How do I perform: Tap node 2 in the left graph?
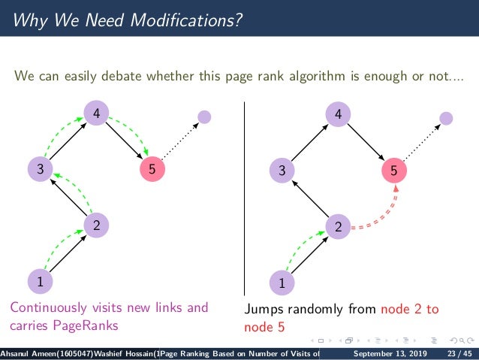pos(96,225)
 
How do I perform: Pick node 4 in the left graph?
pos(96,113)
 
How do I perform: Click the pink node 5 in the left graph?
pos(152,170)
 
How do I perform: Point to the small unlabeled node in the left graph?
pos(203,117)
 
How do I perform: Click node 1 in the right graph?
pos(282,283)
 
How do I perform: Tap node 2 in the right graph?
pos(339,226)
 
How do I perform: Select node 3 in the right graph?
pos(282,171)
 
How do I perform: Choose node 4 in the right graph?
pos(339,114)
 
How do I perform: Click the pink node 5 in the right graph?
pos(394,171)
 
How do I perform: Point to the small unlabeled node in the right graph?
pos(446,118)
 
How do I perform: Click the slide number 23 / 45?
pos(457,353)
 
